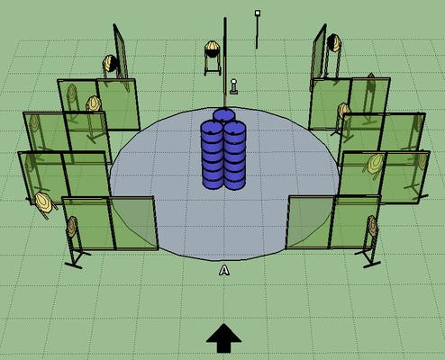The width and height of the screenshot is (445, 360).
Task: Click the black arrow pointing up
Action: point(224,337)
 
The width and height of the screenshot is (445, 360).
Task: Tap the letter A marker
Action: point(224,270)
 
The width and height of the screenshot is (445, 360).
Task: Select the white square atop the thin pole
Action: point(258,13)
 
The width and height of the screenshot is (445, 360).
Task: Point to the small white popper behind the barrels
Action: point(233,86)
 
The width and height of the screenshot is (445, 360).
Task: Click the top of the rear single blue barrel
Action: point(223,114)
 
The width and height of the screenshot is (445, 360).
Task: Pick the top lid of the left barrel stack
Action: point(212,127)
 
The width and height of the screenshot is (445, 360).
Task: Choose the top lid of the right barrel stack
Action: point(235,128)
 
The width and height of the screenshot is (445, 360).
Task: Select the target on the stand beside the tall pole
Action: point(213,47)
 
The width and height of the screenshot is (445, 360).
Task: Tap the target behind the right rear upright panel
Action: point(334,43)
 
